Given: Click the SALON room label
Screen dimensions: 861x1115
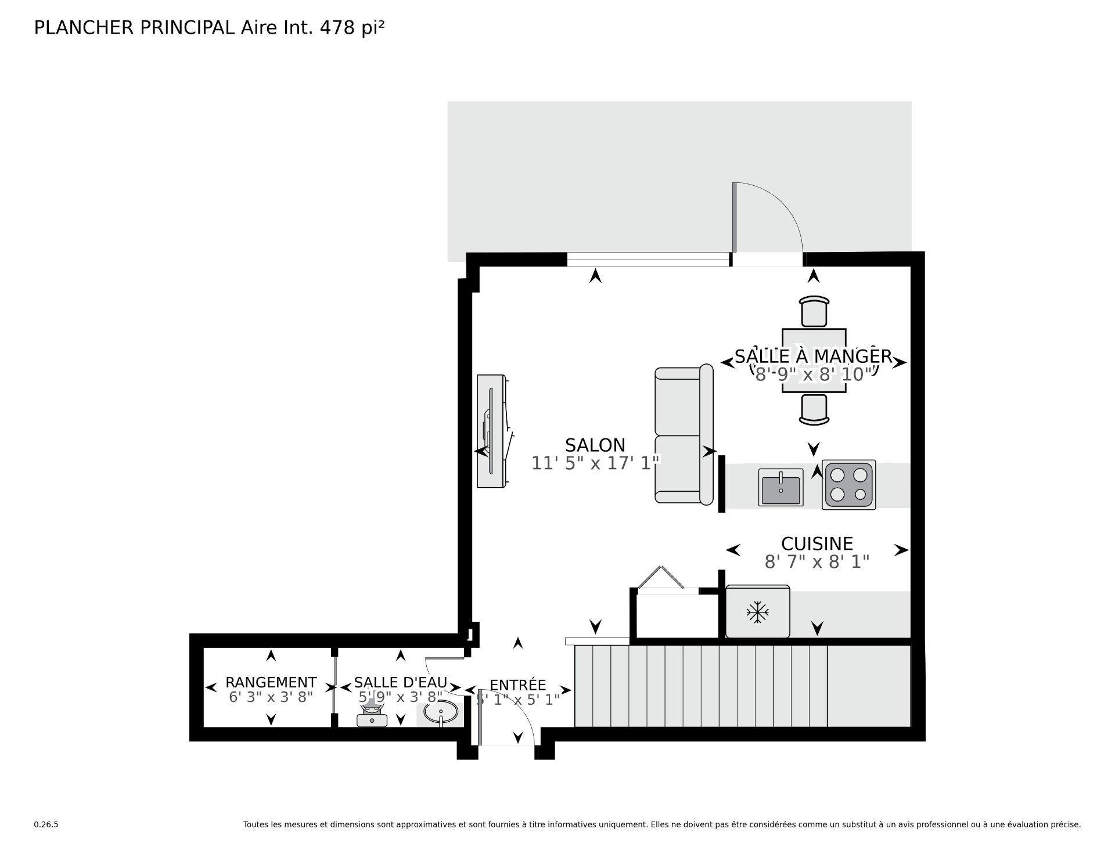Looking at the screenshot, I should (x=595, y=445).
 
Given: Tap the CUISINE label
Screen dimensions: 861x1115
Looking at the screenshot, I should (x=817, y=544).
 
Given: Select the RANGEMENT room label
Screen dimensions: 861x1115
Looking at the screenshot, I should (x=271, y=682).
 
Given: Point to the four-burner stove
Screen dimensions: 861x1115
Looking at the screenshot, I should (x=848, y=485).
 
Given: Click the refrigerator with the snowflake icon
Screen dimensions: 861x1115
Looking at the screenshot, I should (x=757, y=612).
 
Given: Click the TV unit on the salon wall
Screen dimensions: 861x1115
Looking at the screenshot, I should (x=491, y=431).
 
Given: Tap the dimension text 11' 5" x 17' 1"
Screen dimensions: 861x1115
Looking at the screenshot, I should (x=596, y=463).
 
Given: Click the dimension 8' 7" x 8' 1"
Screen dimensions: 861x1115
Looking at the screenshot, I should (x=817, y=562).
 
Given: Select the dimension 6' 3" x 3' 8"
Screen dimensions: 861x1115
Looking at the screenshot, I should (x=271, y=697).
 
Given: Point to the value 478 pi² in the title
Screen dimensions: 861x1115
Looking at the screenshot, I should (x=352, y=27).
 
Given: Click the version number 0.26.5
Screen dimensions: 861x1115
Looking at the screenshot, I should (x=46, y=824).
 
